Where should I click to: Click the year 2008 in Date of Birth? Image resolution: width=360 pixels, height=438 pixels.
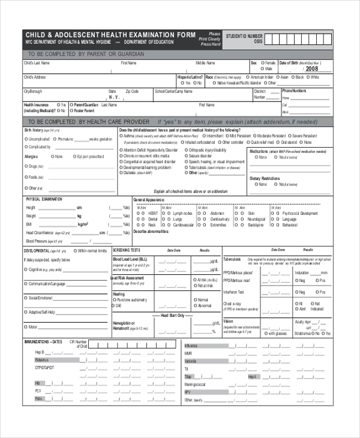(x=312, y=69)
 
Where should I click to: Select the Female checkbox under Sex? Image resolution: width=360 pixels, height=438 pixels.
(x=260, y=63)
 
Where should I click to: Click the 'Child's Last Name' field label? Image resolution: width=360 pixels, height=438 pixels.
(x=36, y=63)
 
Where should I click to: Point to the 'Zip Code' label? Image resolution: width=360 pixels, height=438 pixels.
(x=132, y=91)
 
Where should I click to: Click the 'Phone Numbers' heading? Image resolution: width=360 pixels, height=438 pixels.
(x=294, y=91)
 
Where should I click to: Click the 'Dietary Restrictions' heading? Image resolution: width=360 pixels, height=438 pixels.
(x=264, y=179)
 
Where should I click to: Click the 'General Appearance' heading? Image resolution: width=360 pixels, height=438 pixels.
(x=149, y=199)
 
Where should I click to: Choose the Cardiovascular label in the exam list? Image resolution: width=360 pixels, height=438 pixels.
(x=182, y=225)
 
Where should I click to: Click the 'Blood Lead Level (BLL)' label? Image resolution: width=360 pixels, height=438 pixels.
(x=131, y=259)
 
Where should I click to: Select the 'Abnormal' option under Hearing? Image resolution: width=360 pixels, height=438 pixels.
(x=195, y=305)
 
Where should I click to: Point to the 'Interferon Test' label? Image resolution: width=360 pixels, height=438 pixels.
(x=234, y=292)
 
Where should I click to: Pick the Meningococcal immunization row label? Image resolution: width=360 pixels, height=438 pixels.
(x=195, y=384)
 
